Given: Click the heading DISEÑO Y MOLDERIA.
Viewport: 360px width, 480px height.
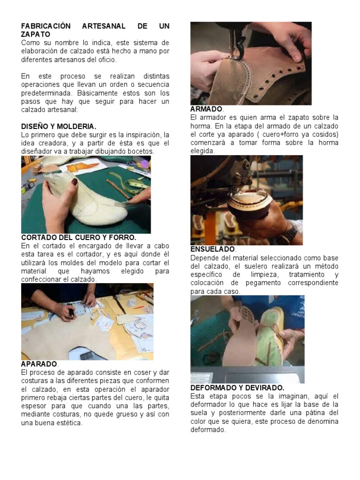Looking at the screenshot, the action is tap(59, 127).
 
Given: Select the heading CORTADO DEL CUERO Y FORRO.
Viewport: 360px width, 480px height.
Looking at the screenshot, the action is tap(79, 238).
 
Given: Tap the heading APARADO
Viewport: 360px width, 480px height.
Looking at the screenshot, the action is tap(39, 364).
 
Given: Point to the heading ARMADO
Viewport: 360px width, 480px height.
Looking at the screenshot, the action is tap(206, 109).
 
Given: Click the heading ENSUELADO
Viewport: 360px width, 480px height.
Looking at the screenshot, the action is tap(213, 249).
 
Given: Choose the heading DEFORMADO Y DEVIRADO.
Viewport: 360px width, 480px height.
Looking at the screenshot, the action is tap(237, 388).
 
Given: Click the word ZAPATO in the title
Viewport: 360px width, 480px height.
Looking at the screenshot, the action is tap(36, 34).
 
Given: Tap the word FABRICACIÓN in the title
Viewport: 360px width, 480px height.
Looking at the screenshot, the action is tap(46, 26).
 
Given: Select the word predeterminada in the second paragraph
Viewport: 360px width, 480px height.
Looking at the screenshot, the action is tap(46, 93).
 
